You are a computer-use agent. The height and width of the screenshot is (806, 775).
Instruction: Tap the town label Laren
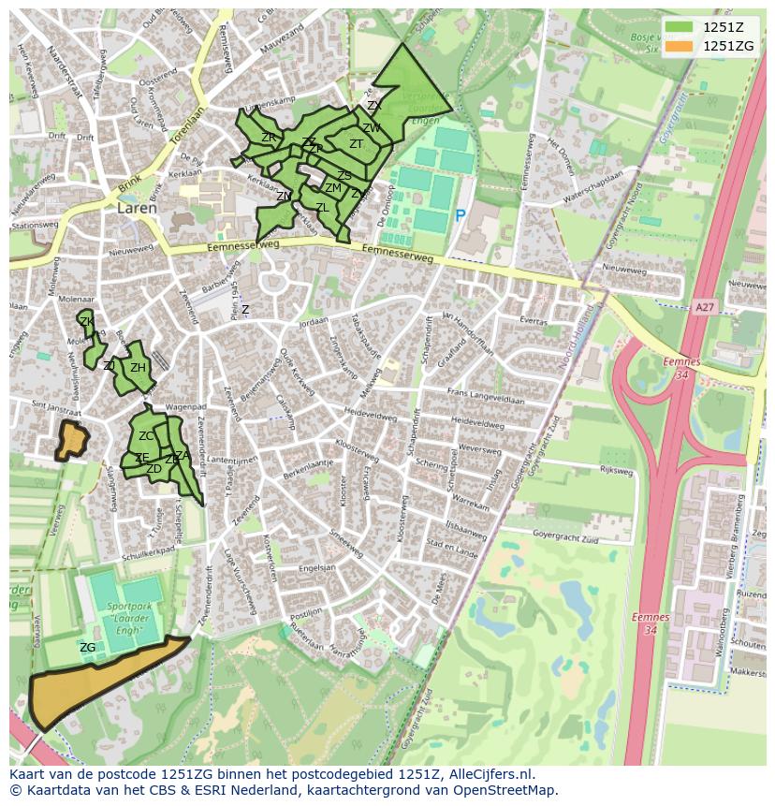[x=137, y=209]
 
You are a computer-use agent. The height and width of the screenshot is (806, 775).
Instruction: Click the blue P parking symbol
[x=460, y=215]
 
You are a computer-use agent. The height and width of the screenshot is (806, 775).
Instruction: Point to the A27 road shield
[x=704, y=306]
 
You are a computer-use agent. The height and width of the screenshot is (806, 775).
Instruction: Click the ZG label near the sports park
[x=87, y=648]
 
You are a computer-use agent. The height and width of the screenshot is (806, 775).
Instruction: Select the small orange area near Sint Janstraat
[x=71, y=439]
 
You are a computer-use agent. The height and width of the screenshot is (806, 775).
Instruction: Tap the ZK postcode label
[x=86, y=322]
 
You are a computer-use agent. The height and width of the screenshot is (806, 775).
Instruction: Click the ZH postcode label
[x=138, y=368]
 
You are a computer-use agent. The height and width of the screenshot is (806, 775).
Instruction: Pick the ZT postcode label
[x=356, y=144]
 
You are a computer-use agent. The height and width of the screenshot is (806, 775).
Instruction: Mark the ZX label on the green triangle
[x=373, y=106]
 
